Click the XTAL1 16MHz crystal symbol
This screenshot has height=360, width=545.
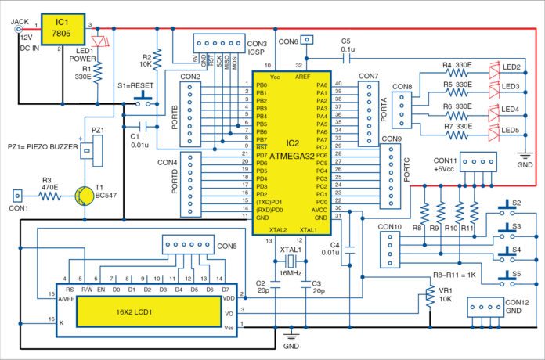click(290, 261)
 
